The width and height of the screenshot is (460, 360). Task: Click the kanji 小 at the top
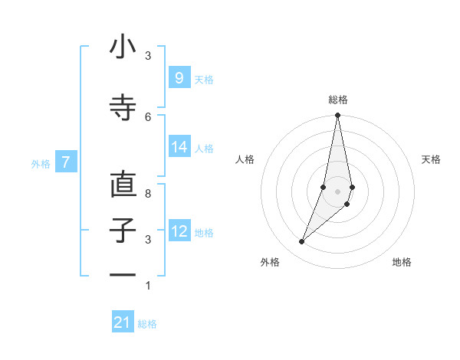coord(123,47)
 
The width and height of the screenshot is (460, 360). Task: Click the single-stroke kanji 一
coord(123,273)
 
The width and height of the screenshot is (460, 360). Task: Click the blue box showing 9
coord(179,78)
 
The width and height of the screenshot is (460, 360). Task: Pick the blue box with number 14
coord(179,147)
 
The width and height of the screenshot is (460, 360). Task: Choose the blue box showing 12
coord(179,231)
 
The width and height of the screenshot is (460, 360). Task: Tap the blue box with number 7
coord(66,162)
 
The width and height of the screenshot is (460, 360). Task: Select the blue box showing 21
coord(123,322)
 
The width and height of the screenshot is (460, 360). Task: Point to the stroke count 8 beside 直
coord(148,194)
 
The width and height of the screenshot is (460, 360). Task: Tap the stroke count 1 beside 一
coord(148,286)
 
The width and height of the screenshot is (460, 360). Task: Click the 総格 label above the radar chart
coord(337,100)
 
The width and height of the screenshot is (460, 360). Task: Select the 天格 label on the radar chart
coord(431,159)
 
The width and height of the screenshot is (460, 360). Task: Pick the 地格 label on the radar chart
coord(402,262)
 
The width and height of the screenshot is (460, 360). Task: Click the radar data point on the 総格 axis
coord(337,116)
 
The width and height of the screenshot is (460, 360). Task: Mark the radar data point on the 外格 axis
coord(301,242)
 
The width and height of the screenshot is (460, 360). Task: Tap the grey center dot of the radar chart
coord(337,191)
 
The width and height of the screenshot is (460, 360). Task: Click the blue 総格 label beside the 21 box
coord(147,324)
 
